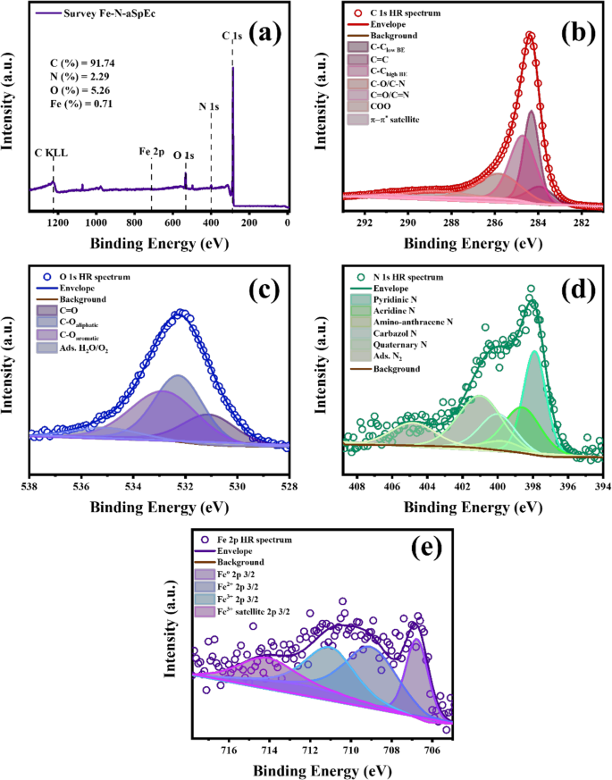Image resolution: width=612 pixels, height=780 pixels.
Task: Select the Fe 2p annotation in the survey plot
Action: coord(151,153)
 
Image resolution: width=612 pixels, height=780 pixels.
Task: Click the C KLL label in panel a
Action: coord(51,153)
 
